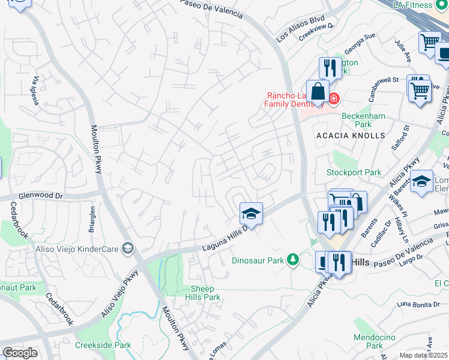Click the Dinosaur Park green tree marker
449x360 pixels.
(292, 259)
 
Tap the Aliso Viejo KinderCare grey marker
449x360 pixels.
(127, 248)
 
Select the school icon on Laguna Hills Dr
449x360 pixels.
(251, 214)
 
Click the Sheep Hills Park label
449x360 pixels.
(205, 293)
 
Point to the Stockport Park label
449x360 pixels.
(354, 172)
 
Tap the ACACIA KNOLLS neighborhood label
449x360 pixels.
(351, 136)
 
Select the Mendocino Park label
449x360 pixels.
(368, 341)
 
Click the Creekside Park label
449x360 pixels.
(103, 345)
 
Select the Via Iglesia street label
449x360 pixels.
(36, 91)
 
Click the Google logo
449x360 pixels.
(19, 353)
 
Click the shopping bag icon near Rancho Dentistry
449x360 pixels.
(318, 92)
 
